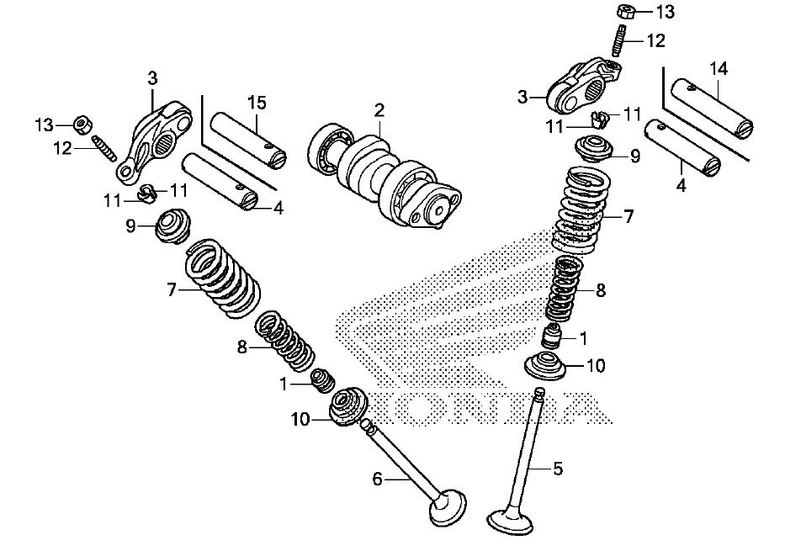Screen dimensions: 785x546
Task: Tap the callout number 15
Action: click(x=257, y=103)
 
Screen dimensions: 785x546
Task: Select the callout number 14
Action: click(x=719, y=68)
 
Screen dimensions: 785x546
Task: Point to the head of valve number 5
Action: click(x=511, y=522)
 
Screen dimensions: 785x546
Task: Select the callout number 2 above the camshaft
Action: click(x=379, y=110)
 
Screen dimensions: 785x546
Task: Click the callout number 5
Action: click(x=558, y=469)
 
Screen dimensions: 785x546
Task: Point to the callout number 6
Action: click(x=377, y=480)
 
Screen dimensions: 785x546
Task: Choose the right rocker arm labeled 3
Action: click(x=583, y=85)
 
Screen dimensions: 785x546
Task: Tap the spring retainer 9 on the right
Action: click(x=594, y=148)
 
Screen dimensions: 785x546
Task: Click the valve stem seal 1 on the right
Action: click(x=552, y=337)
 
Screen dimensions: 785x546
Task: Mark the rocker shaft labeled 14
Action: click(x=712, y=106)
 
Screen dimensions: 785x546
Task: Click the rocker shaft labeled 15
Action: click(x=247, y=141)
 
